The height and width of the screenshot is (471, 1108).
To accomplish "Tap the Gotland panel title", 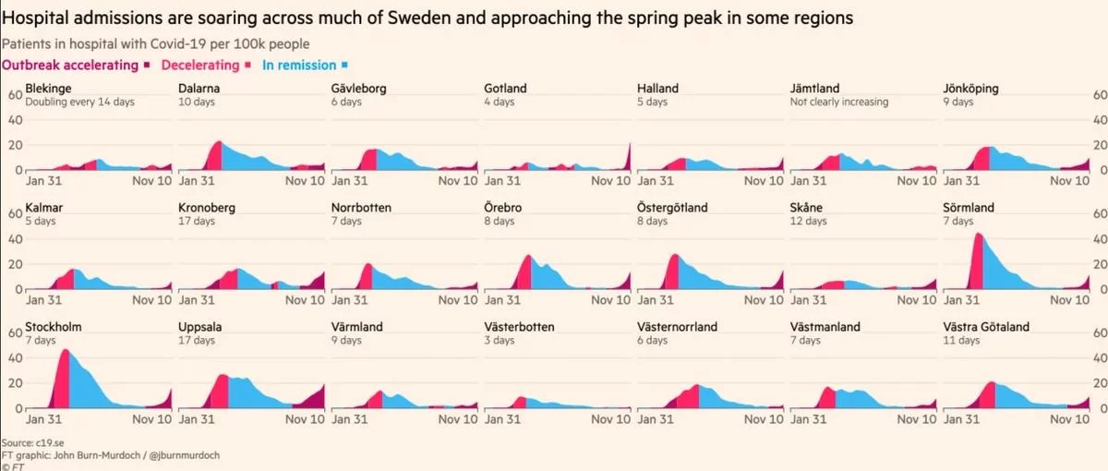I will tap(505, 89).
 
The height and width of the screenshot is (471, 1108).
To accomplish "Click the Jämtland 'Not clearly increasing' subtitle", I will tap(839, 103).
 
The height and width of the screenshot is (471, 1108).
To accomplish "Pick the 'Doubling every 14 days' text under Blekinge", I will tap(80, 103).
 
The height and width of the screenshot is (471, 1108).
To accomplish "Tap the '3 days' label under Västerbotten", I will tap(499, 341).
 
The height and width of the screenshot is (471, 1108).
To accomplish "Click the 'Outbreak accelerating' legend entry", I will tap(71, 66).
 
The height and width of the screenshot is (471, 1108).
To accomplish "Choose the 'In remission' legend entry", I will tap(299, 66).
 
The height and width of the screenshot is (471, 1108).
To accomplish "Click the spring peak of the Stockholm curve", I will tap(64, 351).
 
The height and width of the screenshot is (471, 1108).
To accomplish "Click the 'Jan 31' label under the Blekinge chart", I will tap(43, 181).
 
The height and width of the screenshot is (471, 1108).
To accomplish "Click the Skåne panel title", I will tap(807, 208).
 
